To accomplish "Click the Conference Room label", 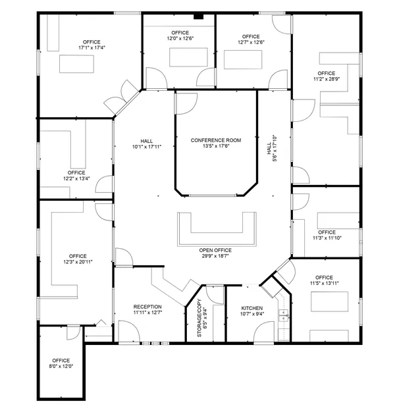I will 216,140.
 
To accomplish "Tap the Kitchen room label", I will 252,309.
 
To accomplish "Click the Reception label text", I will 147,307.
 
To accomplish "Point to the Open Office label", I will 215,250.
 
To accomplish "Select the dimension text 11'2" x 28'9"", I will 326,79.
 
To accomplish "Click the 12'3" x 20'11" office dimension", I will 78,262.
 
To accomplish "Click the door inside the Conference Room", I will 186,103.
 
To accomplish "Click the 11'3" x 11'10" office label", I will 327,235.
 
